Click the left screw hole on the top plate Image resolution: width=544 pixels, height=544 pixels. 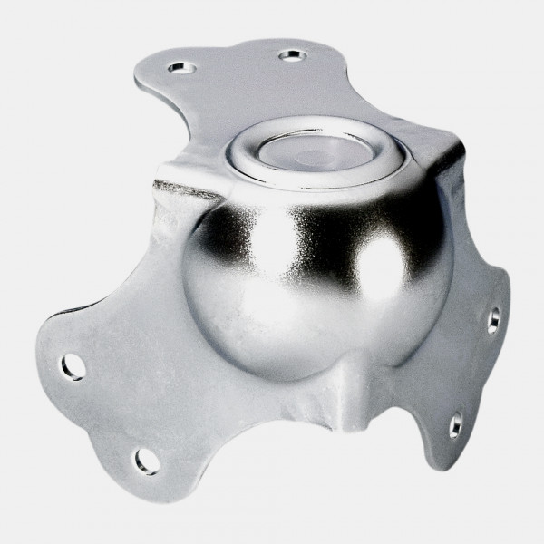click(x=179, y=68)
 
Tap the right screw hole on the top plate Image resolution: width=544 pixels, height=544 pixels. click(x=292, y=55)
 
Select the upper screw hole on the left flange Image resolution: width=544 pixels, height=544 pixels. click(x=73, y=366)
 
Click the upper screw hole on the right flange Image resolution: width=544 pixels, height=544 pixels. click(x=492, y=318)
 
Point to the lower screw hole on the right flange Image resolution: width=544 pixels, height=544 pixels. click(x=456, y=423)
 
